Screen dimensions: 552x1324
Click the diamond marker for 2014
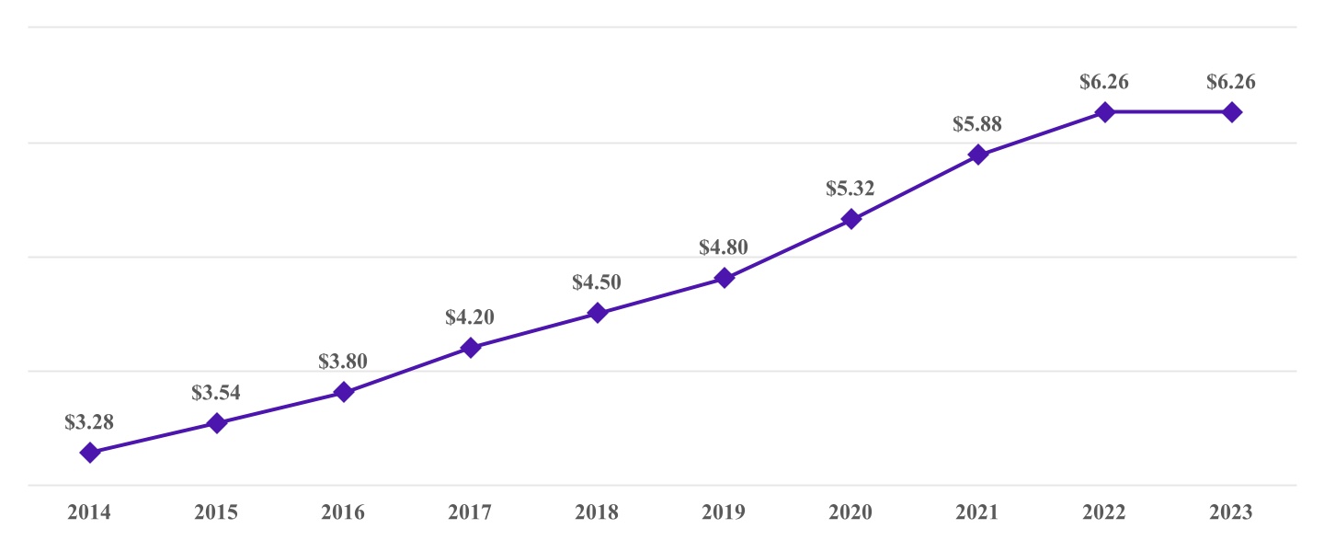click(x=89, y=452)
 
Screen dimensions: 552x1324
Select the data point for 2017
click(x=470, y=348)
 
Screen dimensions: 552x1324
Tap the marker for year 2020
click(x=851, y=219)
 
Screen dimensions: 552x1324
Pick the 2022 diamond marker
click(x=1105, y=112)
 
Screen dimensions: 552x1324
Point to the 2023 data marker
click(x=1232, y=112)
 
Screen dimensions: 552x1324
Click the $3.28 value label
click(x=89, y=422)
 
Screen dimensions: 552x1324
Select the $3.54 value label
click(x=216, y=393)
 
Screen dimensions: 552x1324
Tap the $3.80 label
click(x=343, y=362)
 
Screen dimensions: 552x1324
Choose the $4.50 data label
click(x=597, y=282)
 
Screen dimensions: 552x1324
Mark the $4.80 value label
click(x=724, y=247)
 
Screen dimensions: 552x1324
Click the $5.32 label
click(x=850, y=189)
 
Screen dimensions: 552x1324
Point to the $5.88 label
click(x=977, y=123)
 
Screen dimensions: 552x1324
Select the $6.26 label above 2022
click(x=1104, y=82)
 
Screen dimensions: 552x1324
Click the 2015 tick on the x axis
click(x=216, y=512)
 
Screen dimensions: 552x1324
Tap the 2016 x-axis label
click(x=343, y=512)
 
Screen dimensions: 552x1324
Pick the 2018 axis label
click(x=597, y=512)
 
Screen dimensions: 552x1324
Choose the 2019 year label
click(x=724, y=512)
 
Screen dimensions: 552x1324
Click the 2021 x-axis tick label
click(x=977, y=512)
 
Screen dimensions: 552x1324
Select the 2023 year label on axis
click(x=1231, y=512)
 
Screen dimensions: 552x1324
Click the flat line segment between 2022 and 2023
click(x=1169, y=112)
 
